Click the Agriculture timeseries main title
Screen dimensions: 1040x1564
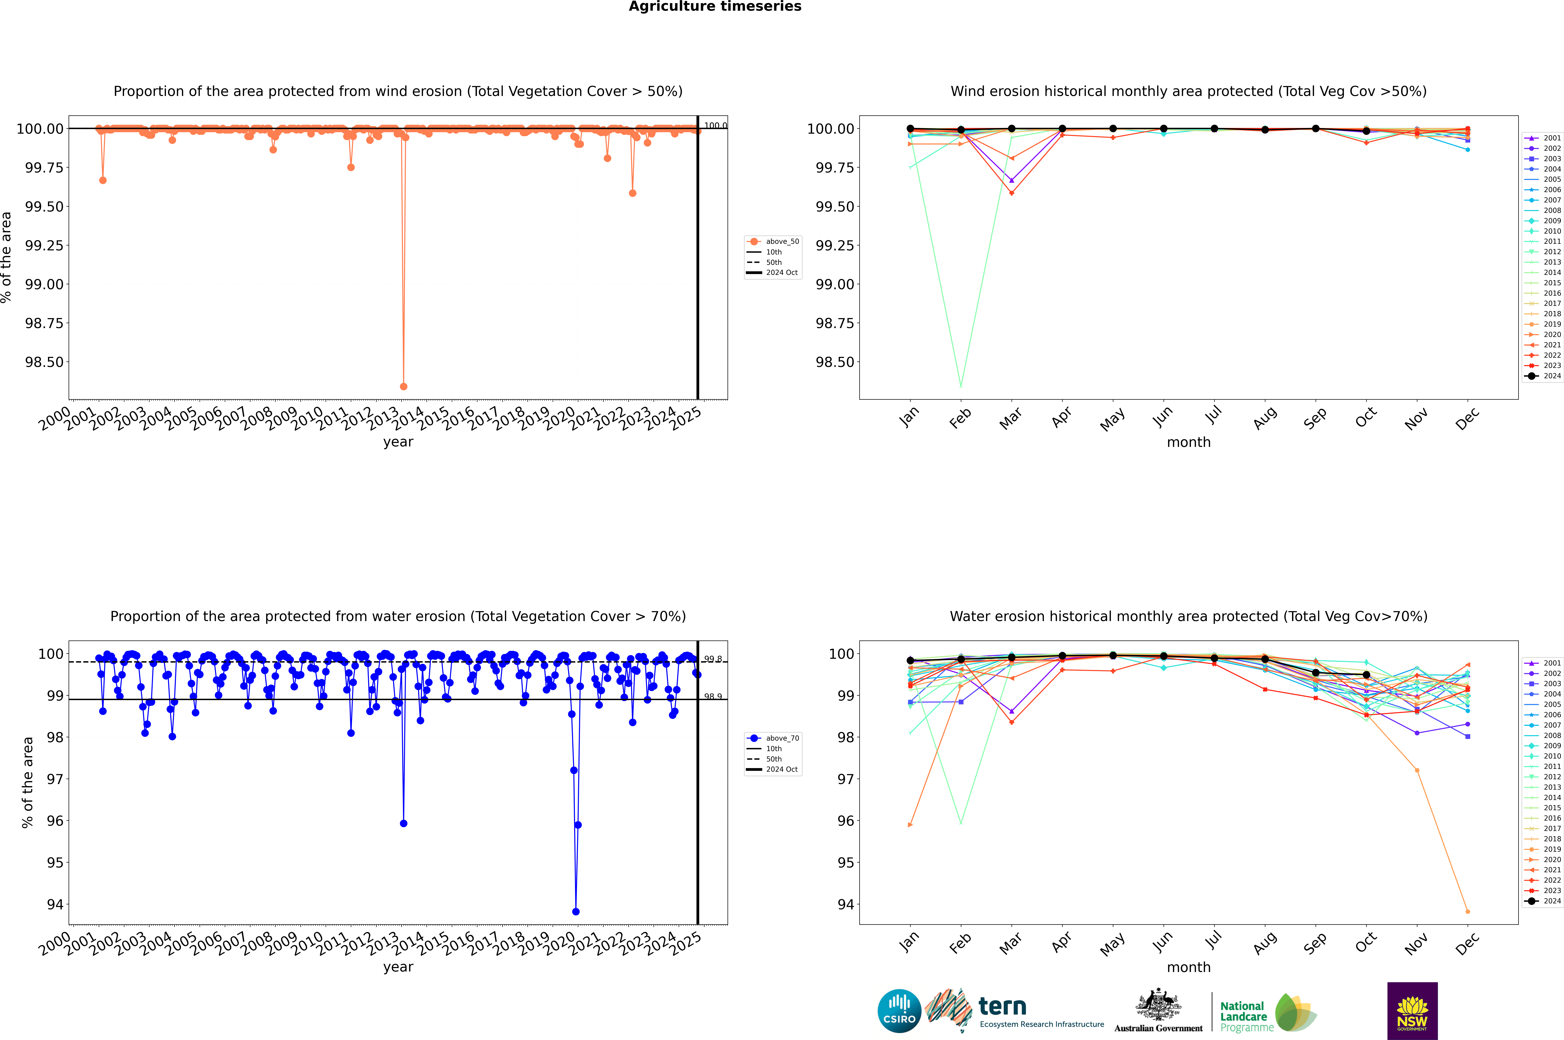click(715, 7)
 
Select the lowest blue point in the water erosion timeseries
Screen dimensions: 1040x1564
click(576, 911)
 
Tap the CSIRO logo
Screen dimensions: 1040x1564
click(899, 1011)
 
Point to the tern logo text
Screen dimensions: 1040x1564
click(1002, 1007)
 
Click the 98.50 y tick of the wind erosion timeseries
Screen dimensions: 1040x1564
click(44, 362)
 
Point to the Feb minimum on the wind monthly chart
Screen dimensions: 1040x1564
click(961, 386)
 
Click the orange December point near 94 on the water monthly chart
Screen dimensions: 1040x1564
click(1467, 911)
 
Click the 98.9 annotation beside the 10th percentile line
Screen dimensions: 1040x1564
click(713, 696)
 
